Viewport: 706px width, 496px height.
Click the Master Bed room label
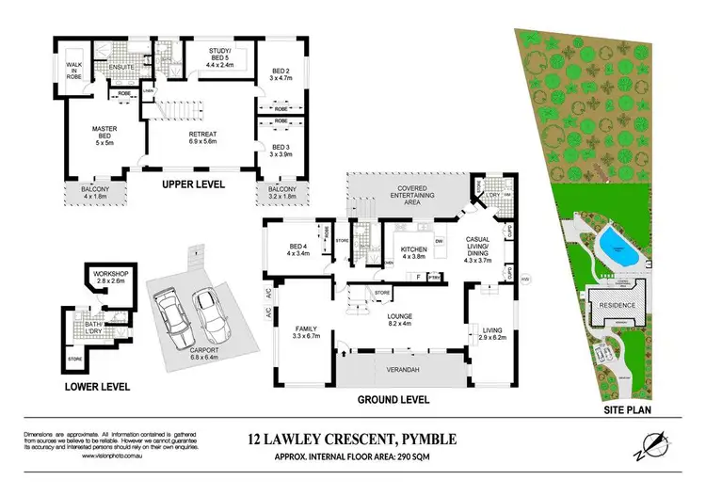click(x=103, y=137)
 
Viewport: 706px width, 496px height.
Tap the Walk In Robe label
click(x=73, y=69)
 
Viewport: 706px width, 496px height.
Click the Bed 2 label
click(x=280, y=75)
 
